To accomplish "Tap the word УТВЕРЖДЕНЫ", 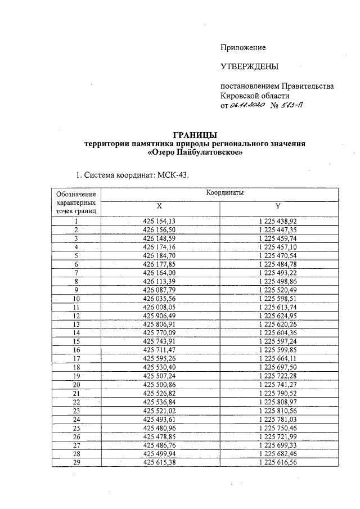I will [x=249, y=67].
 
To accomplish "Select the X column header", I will [x=159, y=206].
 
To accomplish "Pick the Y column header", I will [x=278, y=206].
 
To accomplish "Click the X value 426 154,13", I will [x=160, y=222].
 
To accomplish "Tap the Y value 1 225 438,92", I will [x=277, y=222].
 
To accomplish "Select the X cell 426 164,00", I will [x=160, y=273].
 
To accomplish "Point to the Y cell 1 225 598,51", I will [x=277, y=298].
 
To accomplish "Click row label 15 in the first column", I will [x=76, y=341].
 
